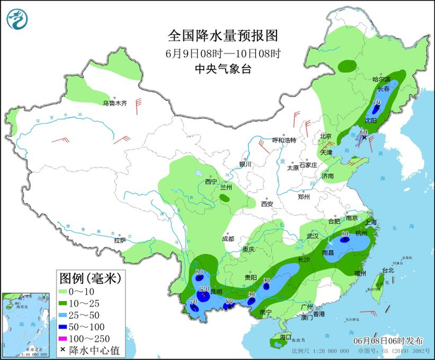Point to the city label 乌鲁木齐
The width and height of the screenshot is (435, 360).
[x=114, y=103]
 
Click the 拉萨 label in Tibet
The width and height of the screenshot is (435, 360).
[x=119, y=239]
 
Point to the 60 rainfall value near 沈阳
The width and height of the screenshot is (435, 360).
[x=364, y=132]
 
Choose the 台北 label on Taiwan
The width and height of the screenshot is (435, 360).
[x=387, y=270]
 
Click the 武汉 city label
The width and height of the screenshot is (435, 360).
[x=312, y=236]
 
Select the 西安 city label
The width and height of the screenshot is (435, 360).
[x=267, y=203]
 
